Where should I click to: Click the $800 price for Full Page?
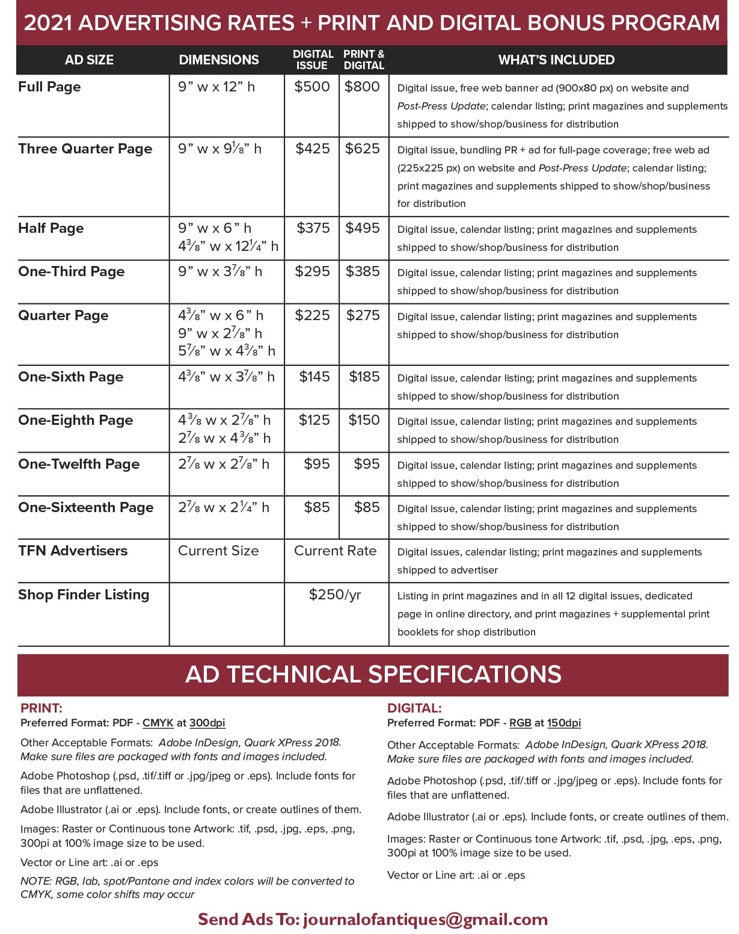(362, 87)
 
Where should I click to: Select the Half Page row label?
(51, 229)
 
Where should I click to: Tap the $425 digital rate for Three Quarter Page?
(313, 149)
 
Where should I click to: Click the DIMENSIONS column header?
(219, 60)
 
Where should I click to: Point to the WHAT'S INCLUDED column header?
(556, 60)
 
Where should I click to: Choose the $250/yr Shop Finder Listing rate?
(335, 595)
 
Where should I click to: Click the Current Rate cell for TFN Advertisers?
(335, 551)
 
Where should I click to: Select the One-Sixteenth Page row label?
(86, 507)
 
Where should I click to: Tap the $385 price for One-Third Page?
(363, 271)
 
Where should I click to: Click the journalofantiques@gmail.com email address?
(425, 919)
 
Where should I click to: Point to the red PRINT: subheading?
(41, 708)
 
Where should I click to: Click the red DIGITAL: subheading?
(414, 708)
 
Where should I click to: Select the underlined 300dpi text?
(207, 723)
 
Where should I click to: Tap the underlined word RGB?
(520, 723)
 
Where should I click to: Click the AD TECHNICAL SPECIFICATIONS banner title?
(373, 674)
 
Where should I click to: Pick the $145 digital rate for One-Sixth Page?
(314, 377)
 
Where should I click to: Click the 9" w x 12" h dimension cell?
(216, 87)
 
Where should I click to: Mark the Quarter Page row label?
(63, 315)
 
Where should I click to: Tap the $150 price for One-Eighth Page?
(364, 420)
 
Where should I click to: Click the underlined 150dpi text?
(564, 723)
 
